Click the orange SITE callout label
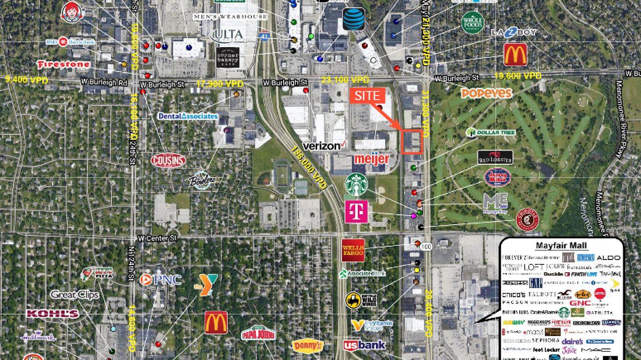coord(367,96)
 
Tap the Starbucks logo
coord(356,185)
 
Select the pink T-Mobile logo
coord(356,211)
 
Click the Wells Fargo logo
coord(353,250)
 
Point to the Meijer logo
coord(372,159)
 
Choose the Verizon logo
coord(324,146)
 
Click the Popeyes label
coord(486,93)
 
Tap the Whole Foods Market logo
coord(473,23)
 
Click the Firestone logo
coord(63,64)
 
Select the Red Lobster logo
coord(495,157)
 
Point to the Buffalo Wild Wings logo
coord(361,300)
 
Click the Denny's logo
coord(308,346)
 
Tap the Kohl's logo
coord(53,314)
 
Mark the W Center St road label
coord(157,238)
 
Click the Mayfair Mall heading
coord(561,246)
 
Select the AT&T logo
coord(353,19)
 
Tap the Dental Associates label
coord(188,116)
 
